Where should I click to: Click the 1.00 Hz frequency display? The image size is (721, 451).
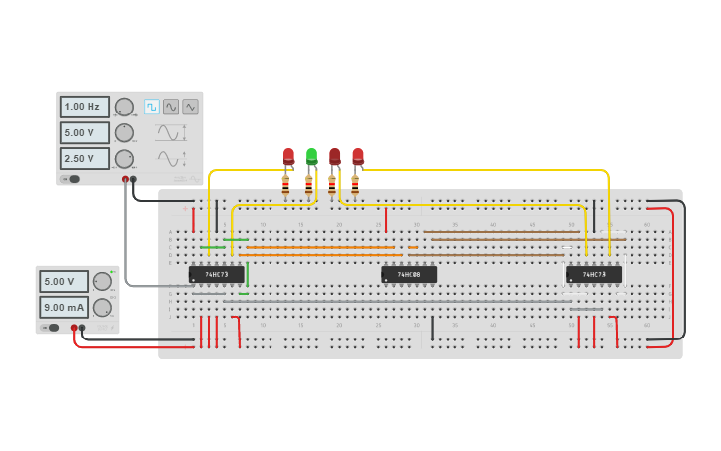pos(85,107)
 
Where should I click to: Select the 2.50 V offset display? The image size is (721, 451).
pos(85,158)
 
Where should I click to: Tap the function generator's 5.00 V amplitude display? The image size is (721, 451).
pos(85,132)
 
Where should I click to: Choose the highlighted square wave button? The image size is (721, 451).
pos(152,107)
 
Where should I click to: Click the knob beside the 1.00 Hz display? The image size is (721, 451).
pos(124,107)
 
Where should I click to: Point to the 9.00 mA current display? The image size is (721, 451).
pos(64,307)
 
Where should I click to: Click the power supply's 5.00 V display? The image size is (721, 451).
pos(64,281)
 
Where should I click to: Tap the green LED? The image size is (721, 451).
pos(311,156)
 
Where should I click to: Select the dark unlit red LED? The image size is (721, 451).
pos(335,156)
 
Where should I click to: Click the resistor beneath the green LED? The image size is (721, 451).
pos(309,184)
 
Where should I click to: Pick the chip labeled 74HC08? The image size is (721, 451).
pos(409,274)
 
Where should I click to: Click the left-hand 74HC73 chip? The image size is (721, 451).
pos(217,274)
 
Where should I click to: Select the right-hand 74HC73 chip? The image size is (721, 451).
pos(594,274)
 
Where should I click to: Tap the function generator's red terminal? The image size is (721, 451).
pos(126,180)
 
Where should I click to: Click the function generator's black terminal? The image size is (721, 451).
pos(134,180)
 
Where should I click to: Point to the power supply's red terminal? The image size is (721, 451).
pos(74,327)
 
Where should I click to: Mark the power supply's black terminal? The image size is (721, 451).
pos(82,327)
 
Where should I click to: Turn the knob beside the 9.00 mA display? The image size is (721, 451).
pos(102,307)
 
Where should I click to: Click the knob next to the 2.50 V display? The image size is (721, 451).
pos(124,158)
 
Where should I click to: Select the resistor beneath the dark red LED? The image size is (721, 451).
pos(332,184)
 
